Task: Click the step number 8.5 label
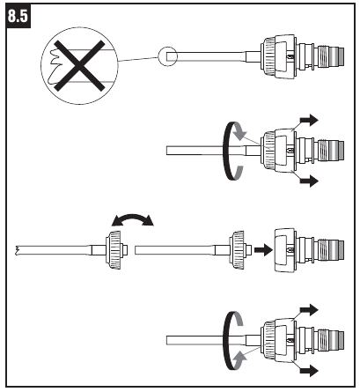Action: pyautogui.click(x=18, y=16)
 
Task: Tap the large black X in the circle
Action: pyautogui.click(x=79, y=65)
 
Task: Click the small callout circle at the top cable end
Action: pyautogui.click(x=168, y=56)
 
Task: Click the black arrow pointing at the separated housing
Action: pyautogui.click(x=263, y=250)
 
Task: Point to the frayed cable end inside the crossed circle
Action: pyautogui.click(x=55, y=67)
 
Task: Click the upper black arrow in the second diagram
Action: pyautogui.click(x=309, y=120)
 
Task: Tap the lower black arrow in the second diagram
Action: pyautogui.click(x=309, y=181)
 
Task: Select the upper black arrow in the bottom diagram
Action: pyautogui.click(x=309, y=310)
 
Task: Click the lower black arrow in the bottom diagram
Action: pyautogui.click(x=309, y=371)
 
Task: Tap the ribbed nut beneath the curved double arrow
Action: pyautogui.click(x=114, y=250)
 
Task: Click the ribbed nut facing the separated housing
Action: pyautogui.click(x=238, y=250)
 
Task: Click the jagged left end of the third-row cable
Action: pyautogui.click(x=18, y=250)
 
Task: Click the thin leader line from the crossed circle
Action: pyautogui.click(x=138, y=59)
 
